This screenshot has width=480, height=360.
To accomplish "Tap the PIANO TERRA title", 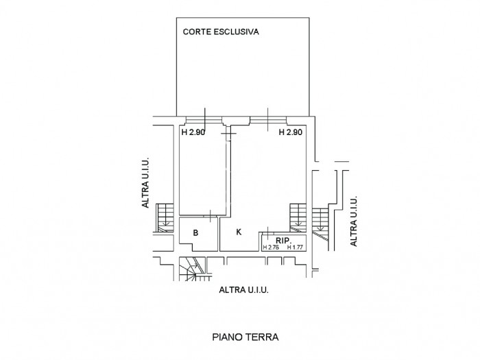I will [x=245, y=337].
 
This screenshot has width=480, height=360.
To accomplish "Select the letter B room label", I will [x=195, y=233].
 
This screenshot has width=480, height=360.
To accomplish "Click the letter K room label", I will [x=239, y=232].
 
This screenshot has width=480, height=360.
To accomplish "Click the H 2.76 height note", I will [x=271, y=247].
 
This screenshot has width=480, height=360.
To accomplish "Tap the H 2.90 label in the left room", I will [x=193, y=132].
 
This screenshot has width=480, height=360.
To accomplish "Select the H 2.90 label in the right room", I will [x=291, y=132].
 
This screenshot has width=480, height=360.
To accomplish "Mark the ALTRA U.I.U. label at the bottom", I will [x=243, y=290].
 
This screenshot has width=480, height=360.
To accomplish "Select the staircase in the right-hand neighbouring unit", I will [x=320, y=218].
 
